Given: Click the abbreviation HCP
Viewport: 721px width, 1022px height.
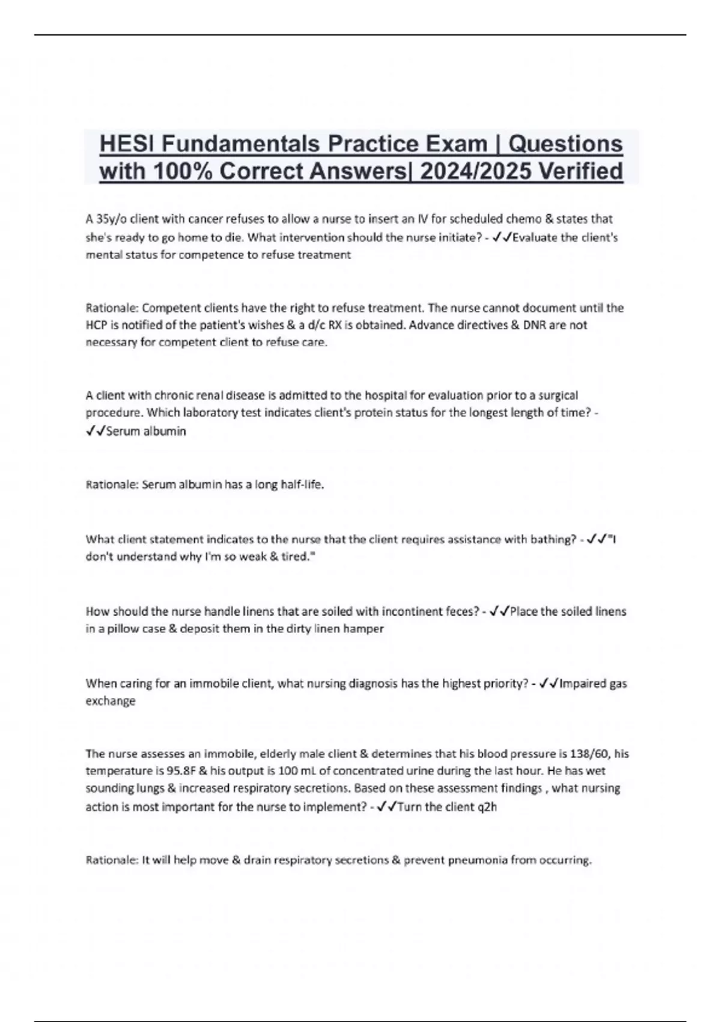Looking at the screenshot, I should (x=97, y=325).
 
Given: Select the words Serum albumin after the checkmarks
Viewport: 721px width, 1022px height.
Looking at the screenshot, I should (x=146, y=431).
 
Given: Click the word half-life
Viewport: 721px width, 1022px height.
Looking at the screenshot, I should (x=302, y=485).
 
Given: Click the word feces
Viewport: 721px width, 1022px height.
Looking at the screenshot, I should (x=461, y=611).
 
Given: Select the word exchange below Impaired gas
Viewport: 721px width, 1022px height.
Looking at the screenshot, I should (x=111, y=701).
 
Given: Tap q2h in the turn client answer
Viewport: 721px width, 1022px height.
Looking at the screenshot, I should (x=487, y=807).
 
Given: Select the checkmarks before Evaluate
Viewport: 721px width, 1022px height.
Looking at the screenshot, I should (x=501, y=237).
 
